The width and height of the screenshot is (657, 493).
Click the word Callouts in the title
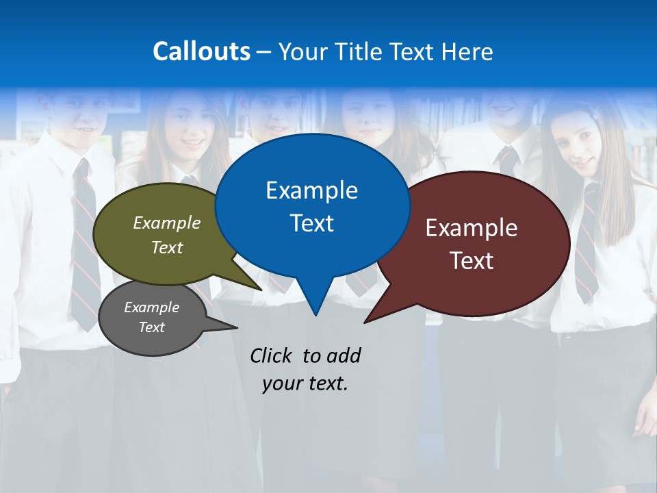201,51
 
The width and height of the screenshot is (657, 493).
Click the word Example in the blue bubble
312,190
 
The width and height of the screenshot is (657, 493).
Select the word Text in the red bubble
472,261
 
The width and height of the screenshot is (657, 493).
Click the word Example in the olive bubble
167,223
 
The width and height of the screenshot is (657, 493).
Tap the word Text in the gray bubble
152,327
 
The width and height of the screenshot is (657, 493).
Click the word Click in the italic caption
272,355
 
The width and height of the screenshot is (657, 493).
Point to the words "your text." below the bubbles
305,383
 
